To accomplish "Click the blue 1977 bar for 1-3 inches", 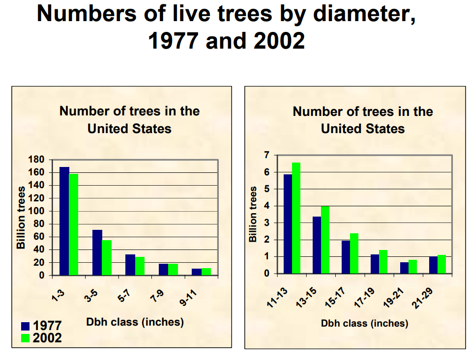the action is tap(64, 221).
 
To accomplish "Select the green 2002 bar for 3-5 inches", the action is tap(107, 257).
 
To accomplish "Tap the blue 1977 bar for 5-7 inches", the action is tap(130, 265).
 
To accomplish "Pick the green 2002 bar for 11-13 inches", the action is tap(296, 218).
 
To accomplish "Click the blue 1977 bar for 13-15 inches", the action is tap(317, 245).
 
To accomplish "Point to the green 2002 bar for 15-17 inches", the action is tap(354, 253).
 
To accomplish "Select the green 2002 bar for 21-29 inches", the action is tap(441, 264).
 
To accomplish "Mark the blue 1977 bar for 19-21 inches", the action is tap(404, 268).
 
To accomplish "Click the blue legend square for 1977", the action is tap(26, 326).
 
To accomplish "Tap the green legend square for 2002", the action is tap(26, 338).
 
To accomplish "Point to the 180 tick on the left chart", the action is tap(36, 160).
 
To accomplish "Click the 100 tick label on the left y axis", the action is tap(36, 211).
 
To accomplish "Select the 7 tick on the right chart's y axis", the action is tap(266, 155).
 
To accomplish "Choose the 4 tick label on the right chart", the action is tap(266, 206).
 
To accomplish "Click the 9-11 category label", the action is tap(188, 298).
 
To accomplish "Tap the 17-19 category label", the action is tap(364, 298).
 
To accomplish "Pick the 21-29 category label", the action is tap(422, 298).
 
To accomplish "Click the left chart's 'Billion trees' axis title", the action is tap(21, 218).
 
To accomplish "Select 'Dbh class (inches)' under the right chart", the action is tap(364, 323).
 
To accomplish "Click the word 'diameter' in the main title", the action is tap(364, 14).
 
